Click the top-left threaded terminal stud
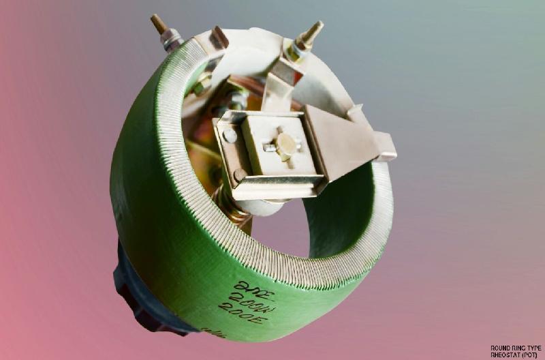(x=159, y=24)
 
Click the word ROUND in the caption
(x=500, y=348)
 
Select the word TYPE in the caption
(x=536, y=348)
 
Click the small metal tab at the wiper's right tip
(x=385, y=146)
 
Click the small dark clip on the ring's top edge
(x=219, y=37)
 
